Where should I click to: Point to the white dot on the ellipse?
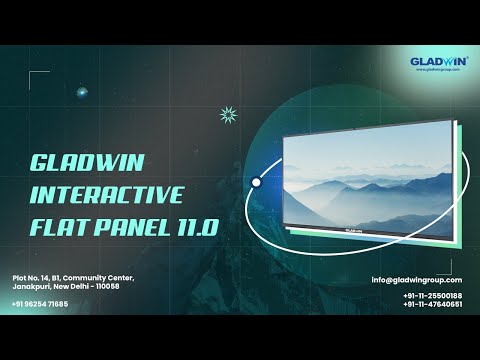(256, 183)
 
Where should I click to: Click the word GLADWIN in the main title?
(74, 162)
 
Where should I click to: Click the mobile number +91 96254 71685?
(40, 303)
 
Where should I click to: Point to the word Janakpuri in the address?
(30, 286)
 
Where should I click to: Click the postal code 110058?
(105, 286)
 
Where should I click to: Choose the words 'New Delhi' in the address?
(70, 286)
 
